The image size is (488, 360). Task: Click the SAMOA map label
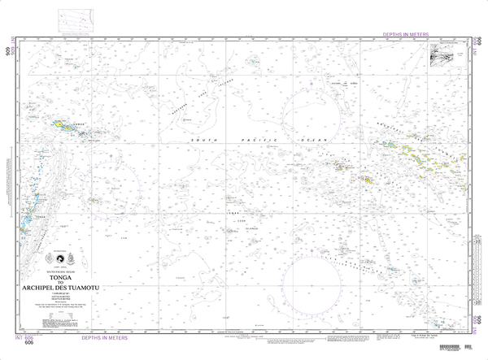tap(78, 124)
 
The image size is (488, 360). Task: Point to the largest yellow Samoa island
tap(61, 125)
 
